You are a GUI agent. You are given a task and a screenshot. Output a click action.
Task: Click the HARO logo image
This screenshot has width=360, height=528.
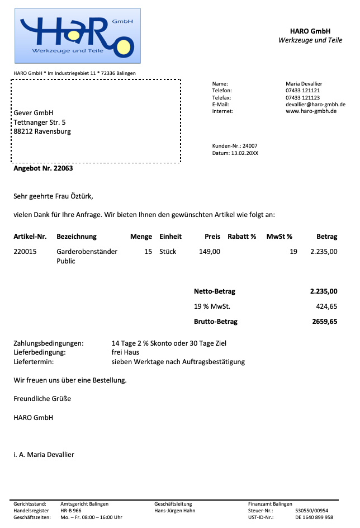tap(77, 36)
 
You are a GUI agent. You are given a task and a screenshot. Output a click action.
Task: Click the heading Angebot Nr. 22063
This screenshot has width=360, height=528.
tap(44, 168)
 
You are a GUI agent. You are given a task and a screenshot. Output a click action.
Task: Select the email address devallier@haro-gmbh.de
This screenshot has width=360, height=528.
tap(315, 105)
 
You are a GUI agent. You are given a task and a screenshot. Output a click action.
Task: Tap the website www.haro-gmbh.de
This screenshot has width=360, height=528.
tap(311, 111)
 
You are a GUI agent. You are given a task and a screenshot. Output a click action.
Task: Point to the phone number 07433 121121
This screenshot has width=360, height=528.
tap(302, 91)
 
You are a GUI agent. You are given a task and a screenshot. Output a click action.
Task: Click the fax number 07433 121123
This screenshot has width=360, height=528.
tap(302, 97)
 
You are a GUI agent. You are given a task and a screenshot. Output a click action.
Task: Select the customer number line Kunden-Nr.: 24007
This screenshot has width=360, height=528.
tap(235, 146)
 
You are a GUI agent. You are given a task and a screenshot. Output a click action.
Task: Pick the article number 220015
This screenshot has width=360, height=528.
tap(25, 252)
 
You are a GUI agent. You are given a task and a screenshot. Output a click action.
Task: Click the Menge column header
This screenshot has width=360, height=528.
tap(141, 237)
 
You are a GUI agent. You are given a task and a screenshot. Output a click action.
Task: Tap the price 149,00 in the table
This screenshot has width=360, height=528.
tap(210, 252)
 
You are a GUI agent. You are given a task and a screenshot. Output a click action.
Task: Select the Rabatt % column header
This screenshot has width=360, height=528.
tap(241, 237)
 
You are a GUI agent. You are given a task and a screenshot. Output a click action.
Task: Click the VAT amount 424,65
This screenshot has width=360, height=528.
tap(327, 307)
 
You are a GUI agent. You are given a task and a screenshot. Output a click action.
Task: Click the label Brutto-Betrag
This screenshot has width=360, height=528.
tap(216, 322)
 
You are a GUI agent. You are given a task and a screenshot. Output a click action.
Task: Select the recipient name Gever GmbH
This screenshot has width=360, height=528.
tap(34, 113)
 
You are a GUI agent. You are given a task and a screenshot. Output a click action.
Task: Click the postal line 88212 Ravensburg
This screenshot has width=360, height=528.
tap(42, 132)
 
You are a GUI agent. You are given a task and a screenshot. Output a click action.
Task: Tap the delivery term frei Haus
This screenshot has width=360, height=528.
tap(125, 352)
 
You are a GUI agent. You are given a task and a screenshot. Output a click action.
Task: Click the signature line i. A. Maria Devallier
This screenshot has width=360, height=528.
tap(44, 454)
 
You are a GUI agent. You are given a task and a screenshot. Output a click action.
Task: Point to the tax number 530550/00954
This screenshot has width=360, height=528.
tap(311, 511)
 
